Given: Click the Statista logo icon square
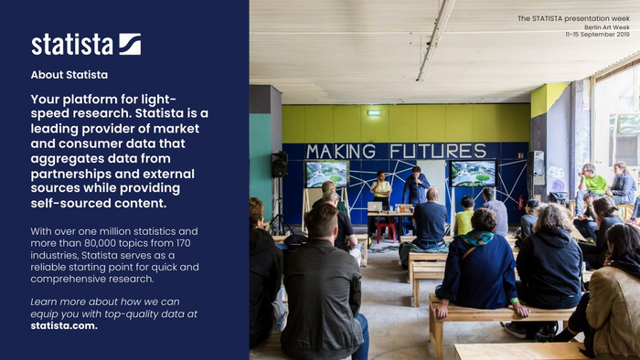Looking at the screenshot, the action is (130, 44).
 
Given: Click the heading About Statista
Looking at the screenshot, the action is (69, 75).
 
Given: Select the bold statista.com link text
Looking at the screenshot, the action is (64, 326).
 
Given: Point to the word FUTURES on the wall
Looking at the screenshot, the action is (438, 151).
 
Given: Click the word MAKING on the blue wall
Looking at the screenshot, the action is (341, 152).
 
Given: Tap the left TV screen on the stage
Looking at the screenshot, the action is (327, 175).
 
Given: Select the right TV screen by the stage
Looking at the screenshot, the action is (473, 174).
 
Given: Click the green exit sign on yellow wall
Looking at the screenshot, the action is (374, 112).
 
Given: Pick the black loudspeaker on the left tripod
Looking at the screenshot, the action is (280, 164).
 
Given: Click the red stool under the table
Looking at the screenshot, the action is (386, 231).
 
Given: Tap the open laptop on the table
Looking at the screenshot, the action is (375, 206).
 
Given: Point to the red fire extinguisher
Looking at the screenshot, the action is (521, 203).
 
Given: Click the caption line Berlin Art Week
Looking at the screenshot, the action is (607, 27).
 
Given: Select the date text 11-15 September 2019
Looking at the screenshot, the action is (598, 34).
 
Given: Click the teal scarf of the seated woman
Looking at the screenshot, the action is (475, 238).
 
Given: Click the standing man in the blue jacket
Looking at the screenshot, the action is (416, 185).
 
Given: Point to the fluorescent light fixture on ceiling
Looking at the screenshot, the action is (435, 39).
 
